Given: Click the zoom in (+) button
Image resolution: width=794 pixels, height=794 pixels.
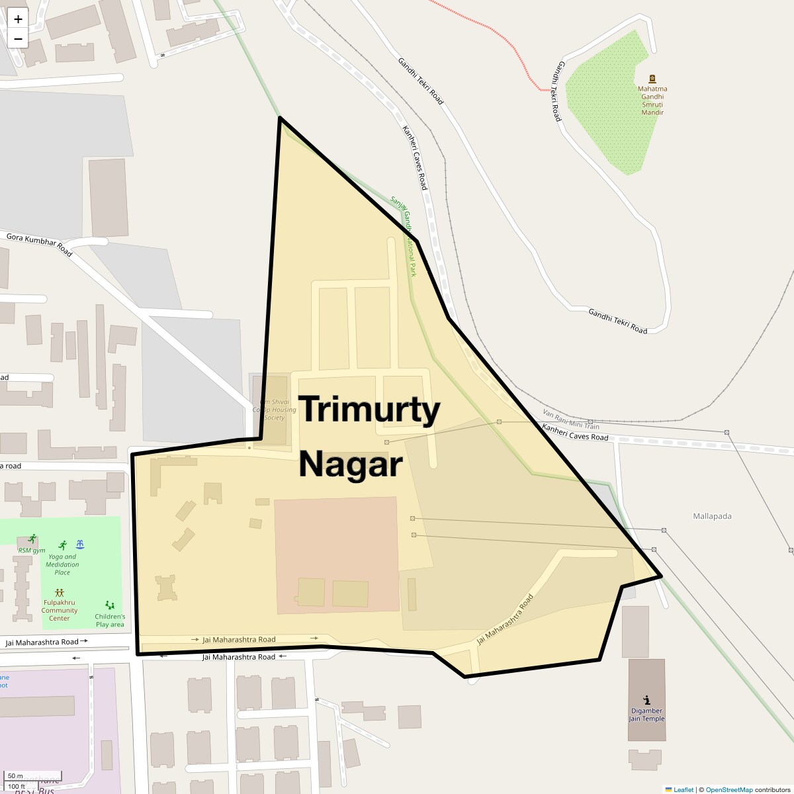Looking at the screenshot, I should [x=18, y=19].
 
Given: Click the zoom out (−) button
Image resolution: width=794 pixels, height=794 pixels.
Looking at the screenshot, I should [x=18, y=38].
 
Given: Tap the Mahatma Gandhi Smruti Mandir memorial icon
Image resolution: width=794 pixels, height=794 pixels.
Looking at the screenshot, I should [x=652, y=78].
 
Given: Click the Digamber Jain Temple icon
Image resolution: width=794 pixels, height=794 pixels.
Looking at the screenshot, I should [x=646, y=700].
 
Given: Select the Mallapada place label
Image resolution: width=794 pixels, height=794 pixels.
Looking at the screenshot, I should [x=712, y=516].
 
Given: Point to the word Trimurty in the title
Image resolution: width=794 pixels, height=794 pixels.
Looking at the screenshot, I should [x=369, y=410].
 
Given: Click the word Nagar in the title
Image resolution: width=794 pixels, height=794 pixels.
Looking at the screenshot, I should [x=350, y=464].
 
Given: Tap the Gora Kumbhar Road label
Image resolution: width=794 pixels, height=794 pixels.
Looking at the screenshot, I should [x=39, y=244].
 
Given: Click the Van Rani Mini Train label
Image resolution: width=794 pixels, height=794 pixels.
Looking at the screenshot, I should [x=571, y=419].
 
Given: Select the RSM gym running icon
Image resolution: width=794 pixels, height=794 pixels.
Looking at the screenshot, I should [x=32, y=539].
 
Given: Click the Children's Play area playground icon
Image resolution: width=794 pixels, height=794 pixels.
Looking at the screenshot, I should [x=109, y=605].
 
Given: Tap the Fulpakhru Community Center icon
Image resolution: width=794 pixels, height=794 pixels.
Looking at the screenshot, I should [x=60, y=593].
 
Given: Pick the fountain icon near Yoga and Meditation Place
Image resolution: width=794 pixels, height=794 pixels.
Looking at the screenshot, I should [x=80, y=545].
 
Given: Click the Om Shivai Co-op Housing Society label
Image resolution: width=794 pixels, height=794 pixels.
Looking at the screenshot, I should [x=274, y=410].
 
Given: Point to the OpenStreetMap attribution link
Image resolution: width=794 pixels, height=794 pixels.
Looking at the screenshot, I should [x=728, y=789].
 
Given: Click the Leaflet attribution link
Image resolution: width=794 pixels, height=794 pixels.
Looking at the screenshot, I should [x=683, y=789].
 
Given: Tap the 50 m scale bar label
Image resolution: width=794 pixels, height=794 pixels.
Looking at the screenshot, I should [x=15, y=776].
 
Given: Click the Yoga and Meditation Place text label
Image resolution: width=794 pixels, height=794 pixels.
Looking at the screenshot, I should [x=62, y=564].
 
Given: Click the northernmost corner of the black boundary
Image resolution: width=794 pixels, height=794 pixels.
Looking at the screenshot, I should [x=281, y=118].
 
